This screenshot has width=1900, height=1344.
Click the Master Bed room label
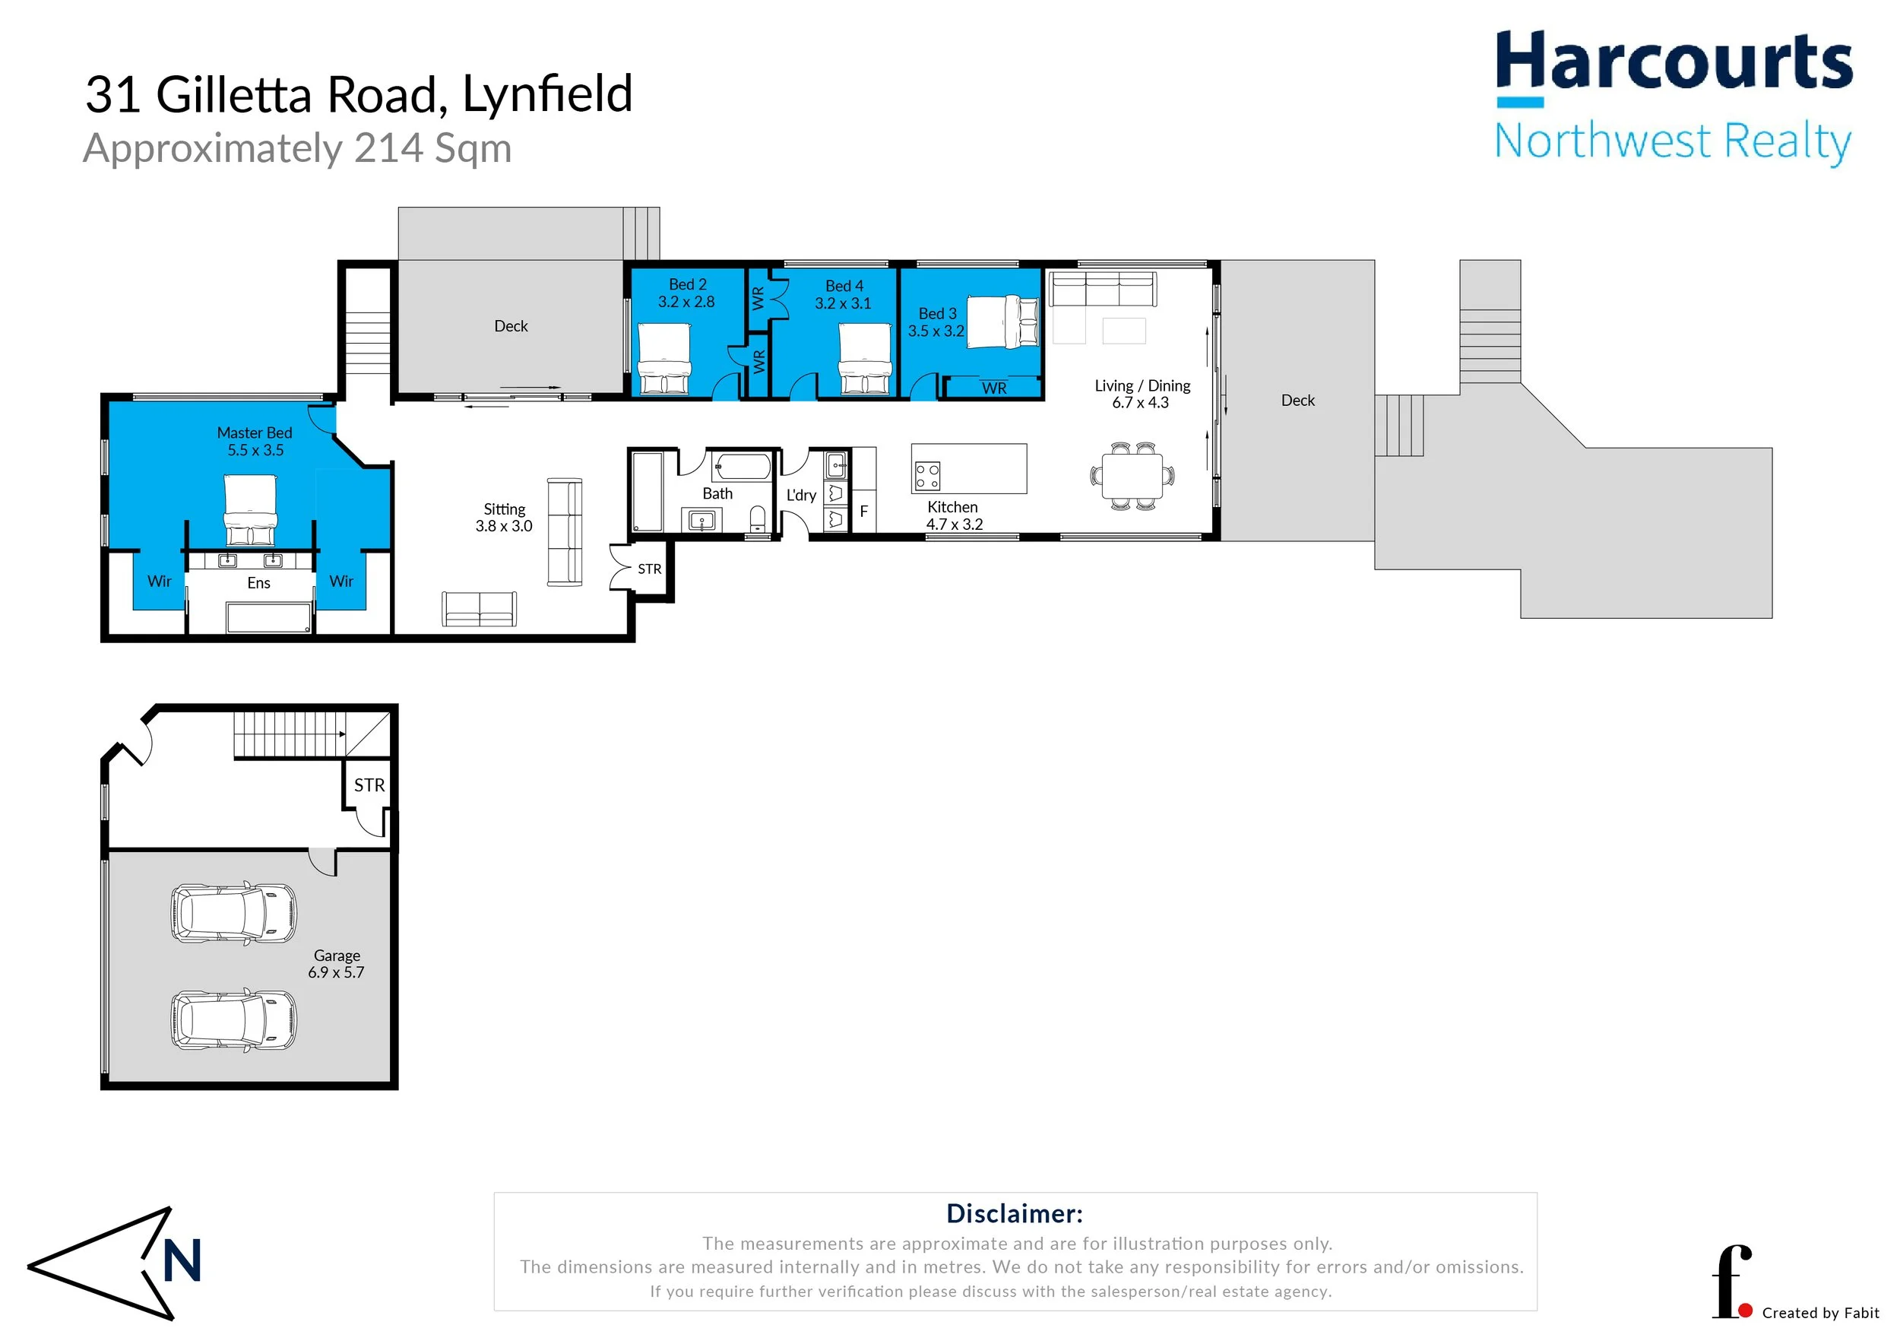pyautogui.click(x=254, y=433)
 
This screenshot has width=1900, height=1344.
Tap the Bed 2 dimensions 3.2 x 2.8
pyautogui.click(x=686, y=302)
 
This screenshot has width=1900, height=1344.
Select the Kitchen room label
pyautogui.click(x=952, y=507)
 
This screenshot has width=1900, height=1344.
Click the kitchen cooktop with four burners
pyautogui.click(x=927, y=476)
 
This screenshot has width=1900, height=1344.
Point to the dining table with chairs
pyautogui.click(x=1132, y=476)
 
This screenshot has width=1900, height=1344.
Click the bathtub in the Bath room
pyautogui.click(x=743, y=466)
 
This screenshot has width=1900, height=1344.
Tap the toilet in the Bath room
pyautogui.click(x=757, y=520)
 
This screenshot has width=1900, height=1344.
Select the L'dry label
pyautogui.click(x=801, y=495)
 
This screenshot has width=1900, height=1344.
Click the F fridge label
pyautogui.click(x=863, y=512)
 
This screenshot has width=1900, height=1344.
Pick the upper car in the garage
pyautogui.click(x=233, y=913)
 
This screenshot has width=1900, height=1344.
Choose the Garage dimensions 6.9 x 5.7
pyautogui.click(x=336, y=972)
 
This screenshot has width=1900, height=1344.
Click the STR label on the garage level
pyautogui.click(x=369, y=785)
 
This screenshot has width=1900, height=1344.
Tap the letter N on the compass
pyautogui.click(x=182, y=1260)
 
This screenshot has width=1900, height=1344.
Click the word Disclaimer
pyautogui.click(x=1015, y=1213)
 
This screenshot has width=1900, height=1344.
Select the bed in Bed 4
pyautogui.click(x=866, y=359)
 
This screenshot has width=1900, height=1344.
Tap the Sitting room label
pyautogui.click(x=504, y=509)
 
